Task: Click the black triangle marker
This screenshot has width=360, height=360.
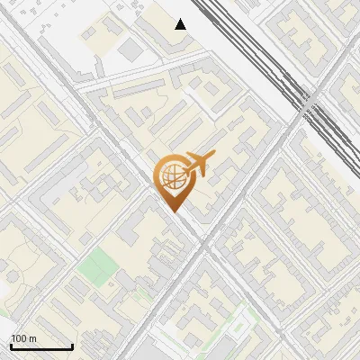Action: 181,24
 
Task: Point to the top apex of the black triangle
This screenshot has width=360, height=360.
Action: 181,19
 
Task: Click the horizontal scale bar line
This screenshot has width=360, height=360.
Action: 41,347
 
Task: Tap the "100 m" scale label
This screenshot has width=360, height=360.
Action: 23,338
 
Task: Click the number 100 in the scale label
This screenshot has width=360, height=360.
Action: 19,338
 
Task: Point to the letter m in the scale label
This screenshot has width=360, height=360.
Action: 31,338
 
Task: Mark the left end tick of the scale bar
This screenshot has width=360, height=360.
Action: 11,346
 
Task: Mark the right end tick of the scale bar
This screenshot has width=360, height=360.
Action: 72,346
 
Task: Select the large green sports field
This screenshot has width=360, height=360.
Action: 97,265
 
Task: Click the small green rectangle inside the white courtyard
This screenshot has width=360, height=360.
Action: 241,317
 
